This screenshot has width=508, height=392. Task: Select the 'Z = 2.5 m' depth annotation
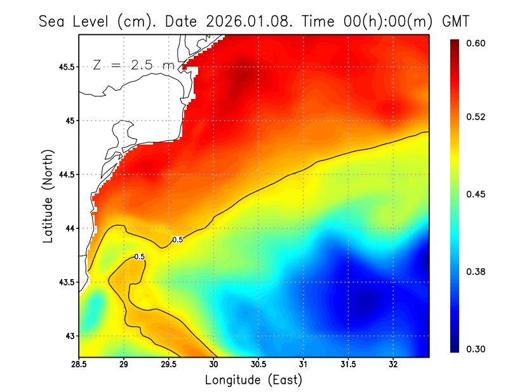tap(133, 65)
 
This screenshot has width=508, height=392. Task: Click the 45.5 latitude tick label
tap(65, 67)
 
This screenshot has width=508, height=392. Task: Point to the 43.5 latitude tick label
tap(65, 282)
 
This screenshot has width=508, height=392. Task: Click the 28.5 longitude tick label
tap(79, 364)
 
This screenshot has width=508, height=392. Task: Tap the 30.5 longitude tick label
tap(258, 364)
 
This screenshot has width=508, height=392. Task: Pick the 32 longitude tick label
tap(393, 364)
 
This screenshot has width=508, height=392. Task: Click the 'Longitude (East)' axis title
tap(253, 380)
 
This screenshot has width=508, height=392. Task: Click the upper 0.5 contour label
tap(178, 240)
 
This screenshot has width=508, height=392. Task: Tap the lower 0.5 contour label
tap(139, 256)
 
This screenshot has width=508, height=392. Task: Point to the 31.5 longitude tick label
tap(348, 364)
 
